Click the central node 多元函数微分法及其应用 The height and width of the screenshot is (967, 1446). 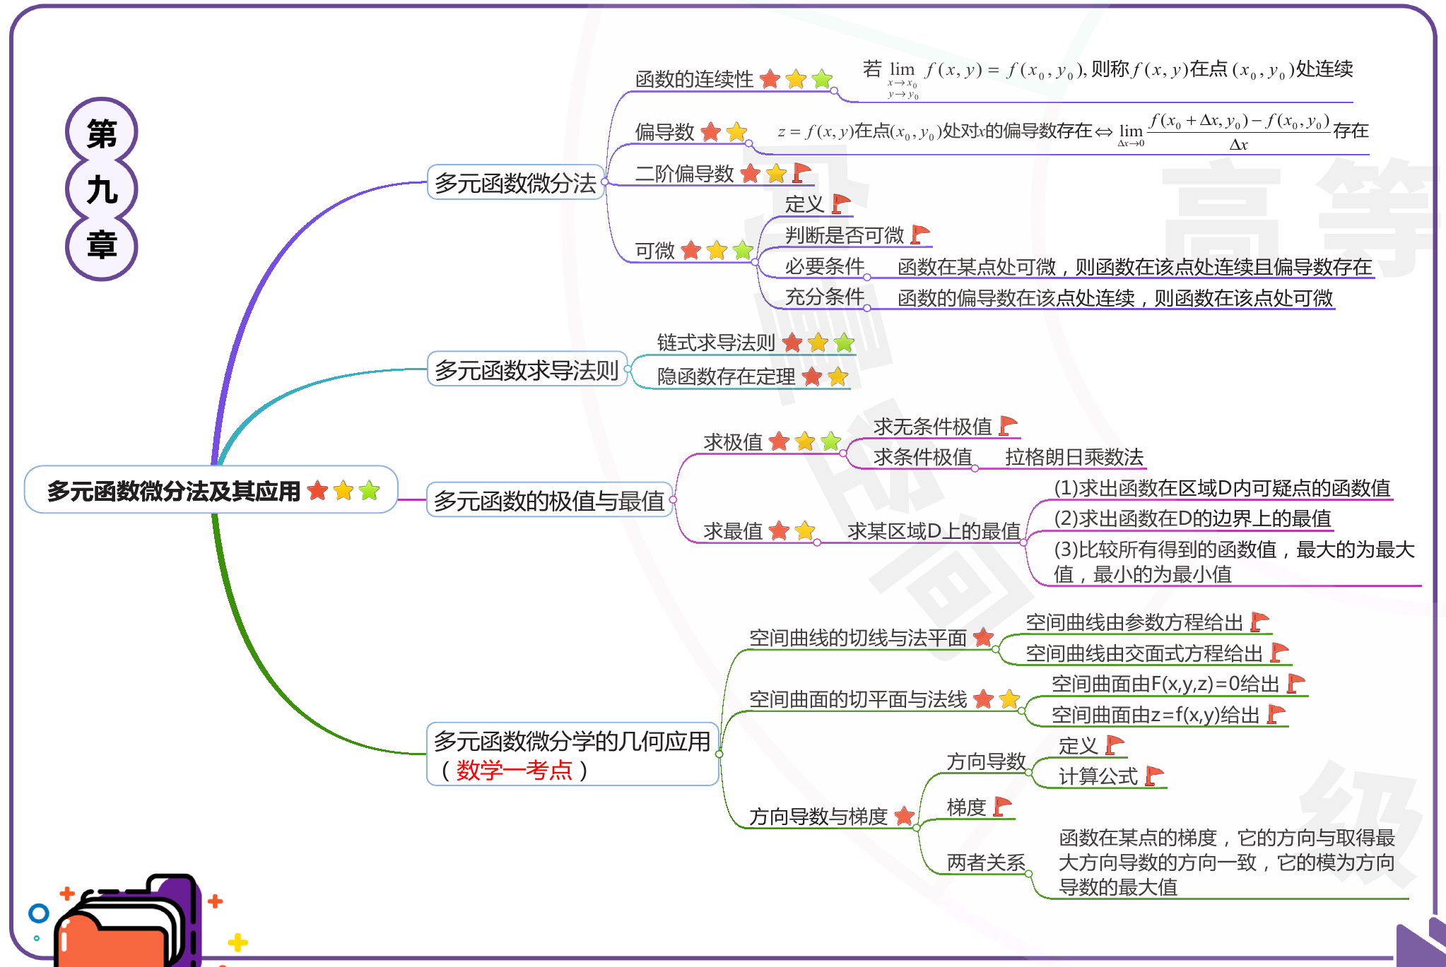coord(174,490)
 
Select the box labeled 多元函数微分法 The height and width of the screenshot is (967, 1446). coord(515,183)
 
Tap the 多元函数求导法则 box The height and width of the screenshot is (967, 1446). coord(527,369)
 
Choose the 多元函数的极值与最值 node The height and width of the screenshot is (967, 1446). coord(549,501)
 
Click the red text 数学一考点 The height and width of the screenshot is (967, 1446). coord(514,770)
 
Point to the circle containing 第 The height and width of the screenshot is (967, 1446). coord(102,133)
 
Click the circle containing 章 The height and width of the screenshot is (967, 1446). coord(102,246)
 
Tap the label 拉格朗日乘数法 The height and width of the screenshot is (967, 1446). coord(1074,457)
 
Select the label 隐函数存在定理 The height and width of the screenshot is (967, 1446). coord(726,376)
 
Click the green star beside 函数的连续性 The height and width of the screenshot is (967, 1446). coord(822,79)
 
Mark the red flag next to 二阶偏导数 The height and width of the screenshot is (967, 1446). coord(801,172)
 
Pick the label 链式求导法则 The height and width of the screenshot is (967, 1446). coord(716,343)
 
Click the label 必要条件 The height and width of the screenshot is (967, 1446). coord(824,266)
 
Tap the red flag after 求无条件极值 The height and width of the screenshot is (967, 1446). coord(1008,425)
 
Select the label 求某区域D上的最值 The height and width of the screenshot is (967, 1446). coord(934,530)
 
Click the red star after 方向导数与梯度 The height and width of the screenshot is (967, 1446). coord(904,816)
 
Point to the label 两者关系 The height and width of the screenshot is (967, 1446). coord(986,862)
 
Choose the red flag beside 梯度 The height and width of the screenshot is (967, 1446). coord(1002,806)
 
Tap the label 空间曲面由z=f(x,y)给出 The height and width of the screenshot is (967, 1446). coord(1156,715)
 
